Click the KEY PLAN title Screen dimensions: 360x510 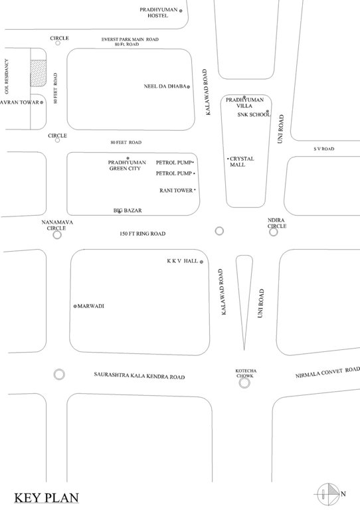[x=46, y=497]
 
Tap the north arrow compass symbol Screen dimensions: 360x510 [x=327, y=493]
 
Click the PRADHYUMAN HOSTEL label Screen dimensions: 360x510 [x=158, y=13]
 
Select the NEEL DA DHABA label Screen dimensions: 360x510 [x=164, y=86]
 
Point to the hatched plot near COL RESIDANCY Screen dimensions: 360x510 [x=38, y=71]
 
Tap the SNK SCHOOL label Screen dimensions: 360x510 [x=253, y=115]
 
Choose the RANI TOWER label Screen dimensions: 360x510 [x=176, y=191]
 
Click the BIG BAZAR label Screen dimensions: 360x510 [x=128, y=211]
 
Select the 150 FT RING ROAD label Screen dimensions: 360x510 [x=142, y=234]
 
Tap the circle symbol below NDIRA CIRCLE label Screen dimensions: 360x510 [x=273, y=232]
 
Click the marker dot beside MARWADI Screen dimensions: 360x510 [x=75, y=306]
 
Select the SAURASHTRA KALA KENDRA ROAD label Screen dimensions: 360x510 [x=139, y=377]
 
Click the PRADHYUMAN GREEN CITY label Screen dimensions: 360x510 [x=124, y=165]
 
